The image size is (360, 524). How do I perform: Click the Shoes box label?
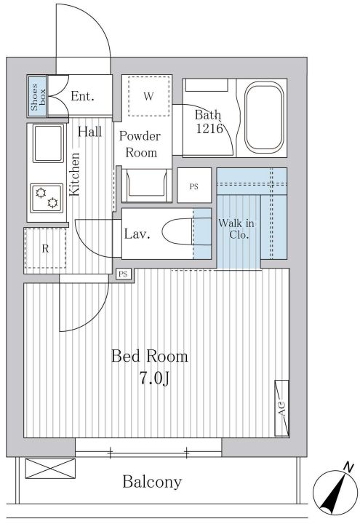tap(38, 98)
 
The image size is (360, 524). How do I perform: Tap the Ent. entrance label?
tap(82, 96)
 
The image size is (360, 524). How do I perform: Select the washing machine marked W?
tap(148, 96)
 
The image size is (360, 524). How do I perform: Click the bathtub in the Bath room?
tap(264, 117)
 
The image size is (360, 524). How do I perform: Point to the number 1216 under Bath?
tap(209, 128)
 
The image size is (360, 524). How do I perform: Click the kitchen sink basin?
tap(48, 143)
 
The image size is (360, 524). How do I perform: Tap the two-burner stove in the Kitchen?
tap(47, 198)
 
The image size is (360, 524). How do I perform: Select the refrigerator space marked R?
tap(45, 248)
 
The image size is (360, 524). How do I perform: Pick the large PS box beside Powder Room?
tap(194, 185)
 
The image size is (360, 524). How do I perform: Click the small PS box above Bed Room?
tap(123, 274)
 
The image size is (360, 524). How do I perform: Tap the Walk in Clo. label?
tap(236, 229)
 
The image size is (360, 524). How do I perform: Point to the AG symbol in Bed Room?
tap(281, 408)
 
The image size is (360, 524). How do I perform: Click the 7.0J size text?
tap(154, 378)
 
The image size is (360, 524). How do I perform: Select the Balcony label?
tap(152, 482)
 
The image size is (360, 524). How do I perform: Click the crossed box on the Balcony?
tap(50, 469)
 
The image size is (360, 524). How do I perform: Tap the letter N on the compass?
tap(348, 467)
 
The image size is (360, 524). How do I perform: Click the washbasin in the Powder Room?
tap(147, 186)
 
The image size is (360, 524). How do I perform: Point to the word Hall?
tap(90, 132)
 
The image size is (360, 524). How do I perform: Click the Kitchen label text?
tap(74, 174)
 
